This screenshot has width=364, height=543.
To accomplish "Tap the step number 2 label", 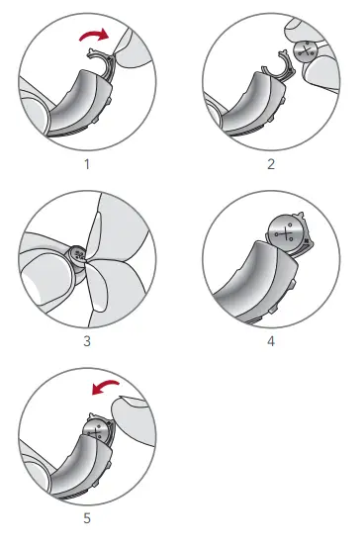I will click(270, 162).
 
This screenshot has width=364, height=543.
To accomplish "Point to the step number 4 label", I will click(270, 342).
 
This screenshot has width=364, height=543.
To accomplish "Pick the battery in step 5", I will click(96, 427).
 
